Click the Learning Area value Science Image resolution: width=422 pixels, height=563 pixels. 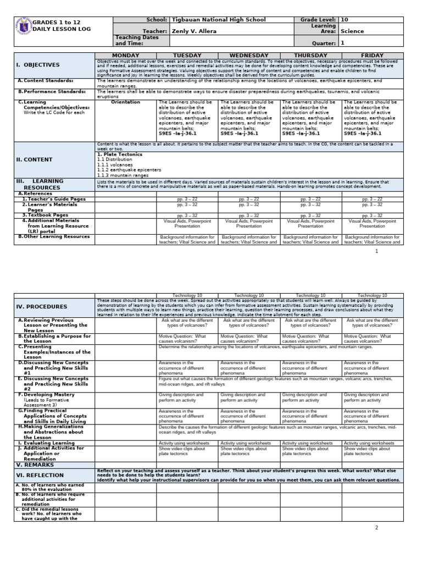pyautogui.click(x=352, y=31)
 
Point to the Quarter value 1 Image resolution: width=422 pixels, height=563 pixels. pyautogui.click(x=343, y=43)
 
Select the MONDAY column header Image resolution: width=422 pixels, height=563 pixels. pyautogui.click(x=126, y=56)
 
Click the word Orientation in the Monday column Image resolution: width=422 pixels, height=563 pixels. pyautogui.click(x=126, y=102)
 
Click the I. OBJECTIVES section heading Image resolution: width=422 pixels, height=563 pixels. pyautogui.click(x=38, y=65)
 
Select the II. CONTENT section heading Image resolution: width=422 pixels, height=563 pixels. pyautogui.click(x=35, y=159)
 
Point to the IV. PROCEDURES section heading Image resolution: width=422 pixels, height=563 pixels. pyautogui.click(x=42, y=307)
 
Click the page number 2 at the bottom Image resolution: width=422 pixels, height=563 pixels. pyautogui.click(x=377, y=528)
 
